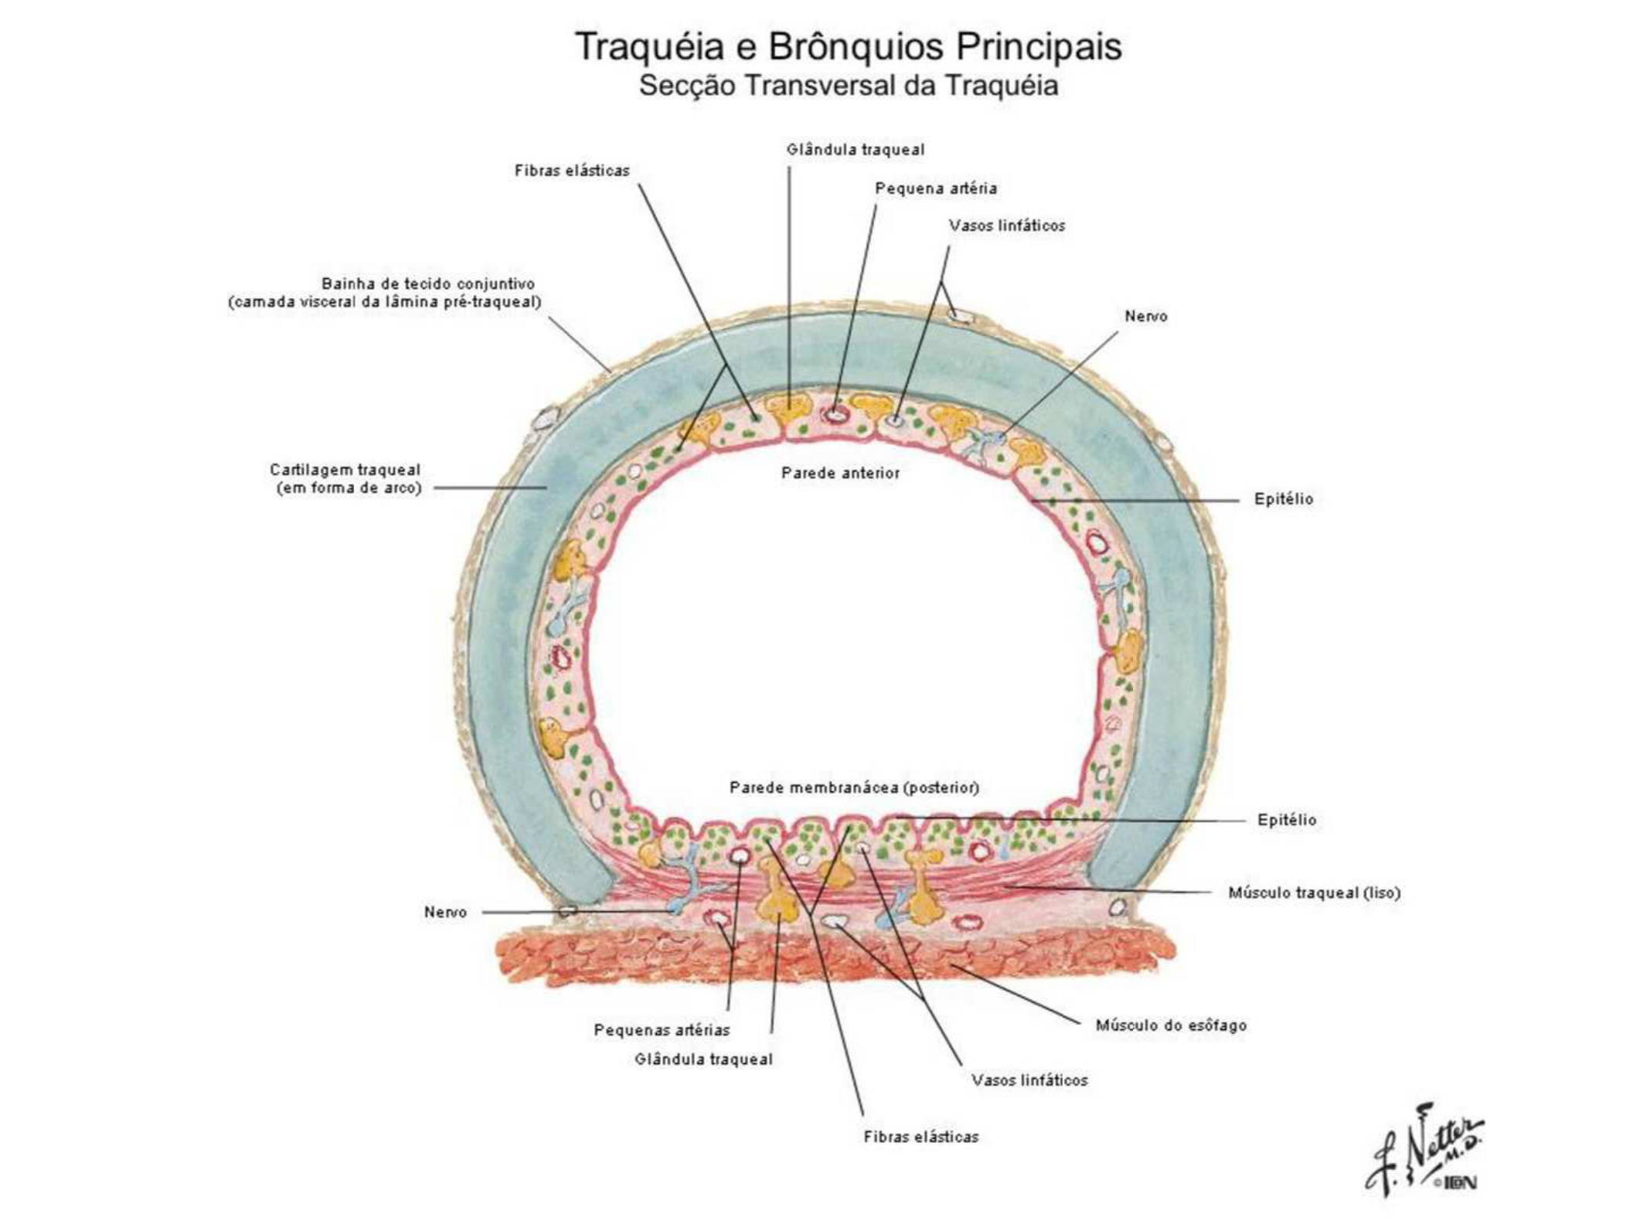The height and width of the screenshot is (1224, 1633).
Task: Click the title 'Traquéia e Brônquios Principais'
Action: (x=848, y=46)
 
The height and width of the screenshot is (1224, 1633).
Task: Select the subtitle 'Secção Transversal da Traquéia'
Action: (x=848, y=85)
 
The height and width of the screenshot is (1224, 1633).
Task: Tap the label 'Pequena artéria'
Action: (x=935, y=189)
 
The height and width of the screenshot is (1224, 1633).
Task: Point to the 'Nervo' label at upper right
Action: (x=1145, y=316)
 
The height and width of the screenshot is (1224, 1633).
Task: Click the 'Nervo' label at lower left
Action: (x=445, y=913)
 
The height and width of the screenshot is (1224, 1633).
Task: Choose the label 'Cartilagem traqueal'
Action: (x=345, y=470)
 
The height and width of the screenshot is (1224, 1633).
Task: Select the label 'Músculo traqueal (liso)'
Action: (x=1314, y=892)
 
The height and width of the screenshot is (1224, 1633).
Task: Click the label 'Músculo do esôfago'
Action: (x=1171, y=1025)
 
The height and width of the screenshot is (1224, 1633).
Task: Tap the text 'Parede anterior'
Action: (x=840, y=473)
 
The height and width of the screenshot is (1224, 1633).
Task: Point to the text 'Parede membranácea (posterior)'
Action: (x=854, y=787)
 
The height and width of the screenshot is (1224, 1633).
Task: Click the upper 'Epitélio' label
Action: (x=1283, y=499)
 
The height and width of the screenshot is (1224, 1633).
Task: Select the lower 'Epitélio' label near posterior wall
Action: (x=1286, y=820)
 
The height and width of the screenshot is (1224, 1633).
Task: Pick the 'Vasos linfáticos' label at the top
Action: (x=1006, y=226)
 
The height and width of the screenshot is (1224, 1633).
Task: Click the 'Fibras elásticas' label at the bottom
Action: (x=920, y=1137)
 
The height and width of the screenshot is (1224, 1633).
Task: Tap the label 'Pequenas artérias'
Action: (x=662, y=1030)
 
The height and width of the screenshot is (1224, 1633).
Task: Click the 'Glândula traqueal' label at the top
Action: (x=855, y=150)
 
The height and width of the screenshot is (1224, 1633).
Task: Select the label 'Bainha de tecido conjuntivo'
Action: (x=427, y=284)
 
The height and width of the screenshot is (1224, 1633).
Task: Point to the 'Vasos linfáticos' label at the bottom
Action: (x=1029, y=1080)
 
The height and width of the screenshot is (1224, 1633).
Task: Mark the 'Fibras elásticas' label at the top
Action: (x=572, y=171)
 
